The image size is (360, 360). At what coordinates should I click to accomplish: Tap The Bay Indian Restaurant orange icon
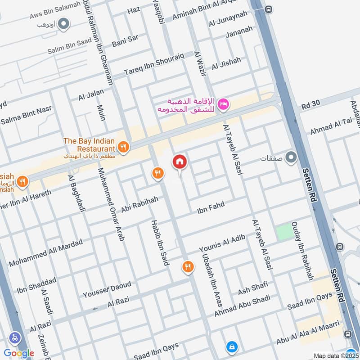123,146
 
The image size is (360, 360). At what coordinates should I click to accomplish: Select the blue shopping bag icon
232,347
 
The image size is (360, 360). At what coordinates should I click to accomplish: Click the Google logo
19,353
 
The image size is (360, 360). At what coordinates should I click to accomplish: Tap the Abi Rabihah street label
139,202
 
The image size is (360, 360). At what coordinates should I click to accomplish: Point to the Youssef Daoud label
107,290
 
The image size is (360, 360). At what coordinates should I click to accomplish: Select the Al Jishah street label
226,63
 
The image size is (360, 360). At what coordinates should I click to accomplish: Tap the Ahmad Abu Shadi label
242,306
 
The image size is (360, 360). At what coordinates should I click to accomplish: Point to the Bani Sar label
125,40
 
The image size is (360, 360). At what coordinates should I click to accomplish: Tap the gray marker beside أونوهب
64,22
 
